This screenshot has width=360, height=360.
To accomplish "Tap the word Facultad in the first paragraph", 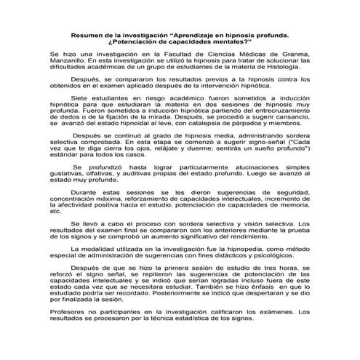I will pos(170,55).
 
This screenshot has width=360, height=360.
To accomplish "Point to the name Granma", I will pos(297,55).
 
